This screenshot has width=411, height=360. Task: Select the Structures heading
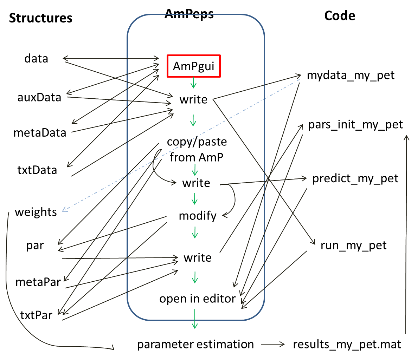[41, 18]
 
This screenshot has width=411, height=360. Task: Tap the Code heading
[340, 16]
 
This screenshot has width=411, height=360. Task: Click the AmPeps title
[189, 14]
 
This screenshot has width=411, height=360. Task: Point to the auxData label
[39, 97]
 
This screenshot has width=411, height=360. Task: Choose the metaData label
[40, 133]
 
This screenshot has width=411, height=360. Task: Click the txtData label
[37, 170]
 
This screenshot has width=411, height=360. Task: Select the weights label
[36, 212]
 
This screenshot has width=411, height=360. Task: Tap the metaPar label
[38, 282]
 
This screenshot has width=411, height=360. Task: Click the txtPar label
[36, 315]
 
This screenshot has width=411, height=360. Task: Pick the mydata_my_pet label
[351, 76]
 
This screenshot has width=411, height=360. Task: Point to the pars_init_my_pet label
[355, 125]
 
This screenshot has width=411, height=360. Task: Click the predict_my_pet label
[355, 179]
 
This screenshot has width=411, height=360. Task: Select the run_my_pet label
[354, 246]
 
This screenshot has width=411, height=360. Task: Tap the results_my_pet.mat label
[347, 345]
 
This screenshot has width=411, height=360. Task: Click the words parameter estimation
[195, 345]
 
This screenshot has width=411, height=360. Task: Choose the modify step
[198, 216]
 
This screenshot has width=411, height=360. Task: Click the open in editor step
[198, 299]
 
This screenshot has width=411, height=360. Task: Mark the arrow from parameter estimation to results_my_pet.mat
[273, 344]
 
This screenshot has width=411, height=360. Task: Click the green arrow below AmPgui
[193, 83]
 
